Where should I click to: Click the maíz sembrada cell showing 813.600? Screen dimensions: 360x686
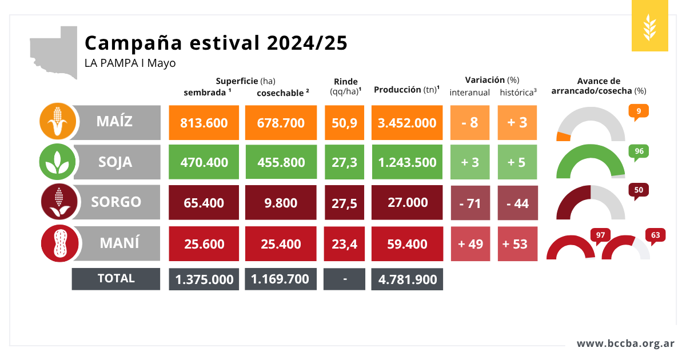point(204,123)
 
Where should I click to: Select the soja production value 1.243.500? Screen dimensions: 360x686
point(407,162)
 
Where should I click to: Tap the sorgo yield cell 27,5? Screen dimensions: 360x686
point(344,203)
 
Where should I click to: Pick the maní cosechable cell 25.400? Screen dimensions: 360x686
point(280,244)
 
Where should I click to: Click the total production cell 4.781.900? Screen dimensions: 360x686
point(407,279)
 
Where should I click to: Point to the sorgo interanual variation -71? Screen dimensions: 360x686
point(470,203)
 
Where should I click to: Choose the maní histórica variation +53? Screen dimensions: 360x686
point(517,244)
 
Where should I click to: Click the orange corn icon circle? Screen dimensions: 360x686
point(58,122)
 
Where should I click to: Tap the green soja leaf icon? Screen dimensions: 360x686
point(58,162)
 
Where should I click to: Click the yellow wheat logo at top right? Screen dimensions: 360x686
point(650,26)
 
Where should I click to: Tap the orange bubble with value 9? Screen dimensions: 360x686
point(639,111)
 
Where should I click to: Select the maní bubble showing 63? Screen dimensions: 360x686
point(655,235)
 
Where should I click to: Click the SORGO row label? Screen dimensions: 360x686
point(116,202)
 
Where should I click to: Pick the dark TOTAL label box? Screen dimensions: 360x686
point(116,278)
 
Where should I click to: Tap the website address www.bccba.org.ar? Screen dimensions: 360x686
point(625,343)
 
